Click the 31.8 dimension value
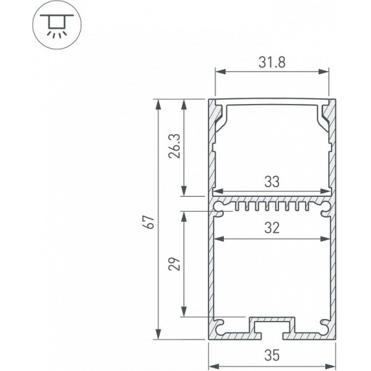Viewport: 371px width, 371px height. click(x=272, y=61)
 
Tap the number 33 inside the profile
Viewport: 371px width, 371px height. click(x=272, y=182)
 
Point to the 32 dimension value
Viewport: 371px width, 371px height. click(x=272, y=228)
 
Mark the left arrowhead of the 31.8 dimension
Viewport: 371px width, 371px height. click(x=219, y=72)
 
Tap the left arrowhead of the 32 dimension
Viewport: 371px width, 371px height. click(x=218, y=238)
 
